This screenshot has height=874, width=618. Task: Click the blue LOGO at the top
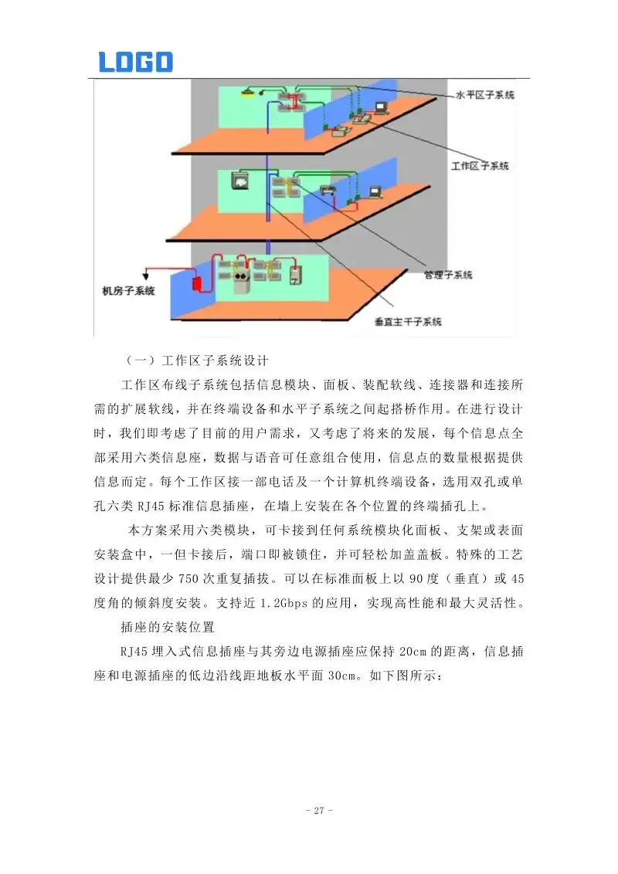[x=135, y=62]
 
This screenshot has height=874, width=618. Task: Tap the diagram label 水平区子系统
[x=484, y=95]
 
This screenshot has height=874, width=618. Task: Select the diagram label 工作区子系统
[x=480, y=166]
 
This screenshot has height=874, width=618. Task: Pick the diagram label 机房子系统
[x=129, y=291]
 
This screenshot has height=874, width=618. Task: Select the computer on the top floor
[x=381, y=107]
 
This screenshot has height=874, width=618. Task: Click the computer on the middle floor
[x=375, y=191]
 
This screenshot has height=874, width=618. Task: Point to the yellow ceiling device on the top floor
[x=246, y=93]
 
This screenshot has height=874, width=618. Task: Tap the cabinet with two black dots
[x=239, y=278]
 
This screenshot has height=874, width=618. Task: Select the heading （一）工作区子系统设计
[x=196, y=361]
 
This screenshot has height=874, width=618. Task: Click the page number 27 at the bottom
[x=318, y=811]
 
